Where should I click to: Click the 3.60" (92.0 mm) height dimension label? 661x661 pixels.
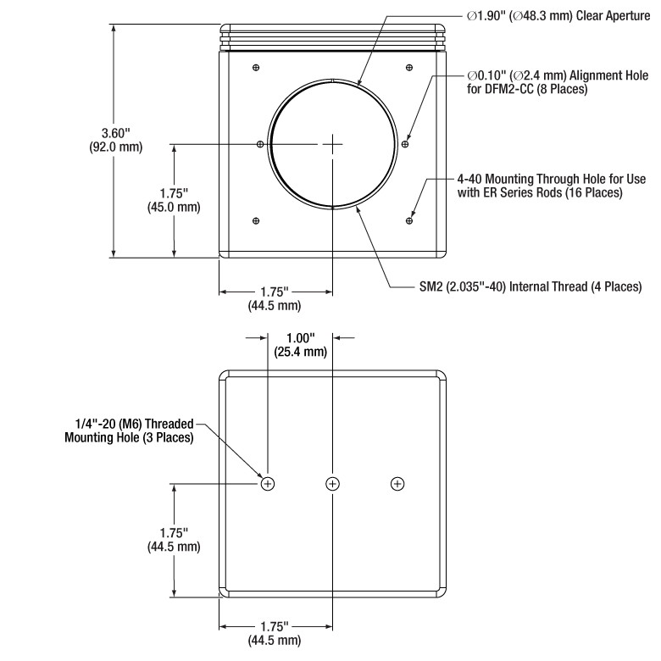(x=116, y=140)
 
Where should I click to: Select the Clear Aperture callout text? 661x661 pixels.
(x=558, y=16)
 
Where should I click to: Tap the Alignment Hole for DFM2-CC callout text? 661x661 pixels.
(x=558, y=82)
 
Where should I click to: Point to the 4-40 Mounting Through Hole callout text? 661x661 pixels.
(x=552, y=186)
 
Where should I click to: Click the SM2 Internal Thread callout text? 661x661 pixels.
(x=530, y=286)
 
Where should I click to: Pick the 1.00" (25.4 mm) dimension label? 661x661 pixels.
(x=301, y=345)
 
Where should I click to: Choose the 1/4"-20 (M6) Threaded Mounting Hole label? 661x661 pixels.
(x=129, y=430)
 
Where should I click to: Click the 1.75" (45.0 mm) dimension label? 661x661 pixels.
(x=174, y=200)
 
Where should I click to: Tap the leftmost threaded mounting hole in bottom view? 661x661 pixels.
(x=268, y=484)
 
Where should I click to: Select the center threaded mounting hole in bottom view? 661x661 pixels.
(x=332, y=484)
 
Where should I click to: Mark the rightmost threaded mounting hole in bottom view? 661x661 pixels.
(x=397, y=484)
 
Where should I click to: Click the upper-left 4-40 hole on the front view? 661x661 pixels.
(x=256, y=68)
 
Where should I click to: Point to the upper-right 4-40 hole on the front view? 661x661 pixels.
(x=409, y=68)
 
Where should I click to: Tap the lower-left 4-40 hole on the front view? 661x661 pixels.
(x=256, y=220)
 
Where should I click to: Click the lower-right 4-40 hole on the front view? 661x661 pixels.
(x=409, y=220)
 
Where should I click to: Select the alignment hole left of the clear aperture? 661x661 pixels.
(x=260, y=144)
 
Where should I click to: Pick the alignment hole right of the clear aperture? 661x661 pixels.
(x=405, y=144)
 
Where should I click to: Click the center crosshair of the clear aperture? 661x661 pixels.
(x=332, y=144)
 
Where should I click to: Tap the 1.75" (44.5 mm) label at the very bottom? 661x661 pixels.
(x=275, y=633)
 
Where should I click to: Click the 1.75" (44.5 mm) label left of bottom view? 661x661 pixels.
(x=174, y=540)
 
